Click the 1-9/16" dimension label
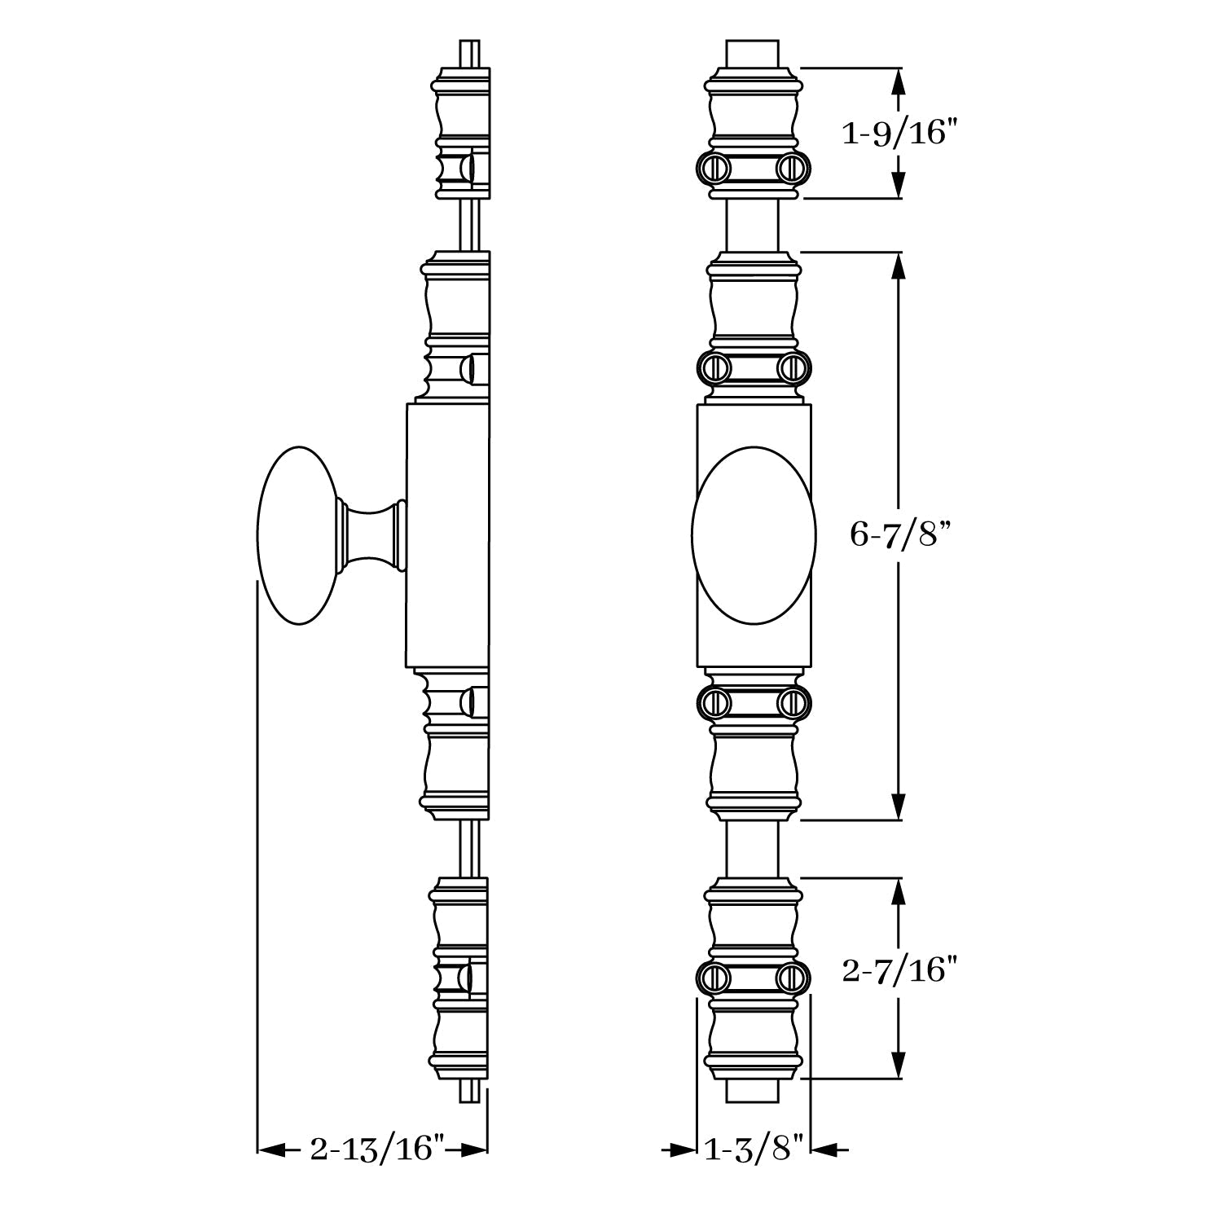[x=897, y=133]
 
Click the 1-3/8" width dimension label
[x=754, y=1149]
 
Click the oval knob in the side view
[x=298, y=535]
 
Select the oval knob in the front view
[x=754, y=535]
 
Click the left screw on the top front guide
[x=711, y=168]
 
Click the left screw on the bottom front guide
[x=711, y=977]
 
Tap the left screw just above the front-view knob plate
[x=711, y=367]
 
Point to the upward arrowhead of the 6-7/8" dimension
[x=898, y=265]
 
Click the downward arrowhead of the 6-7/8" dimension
[x=898, y=807]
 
